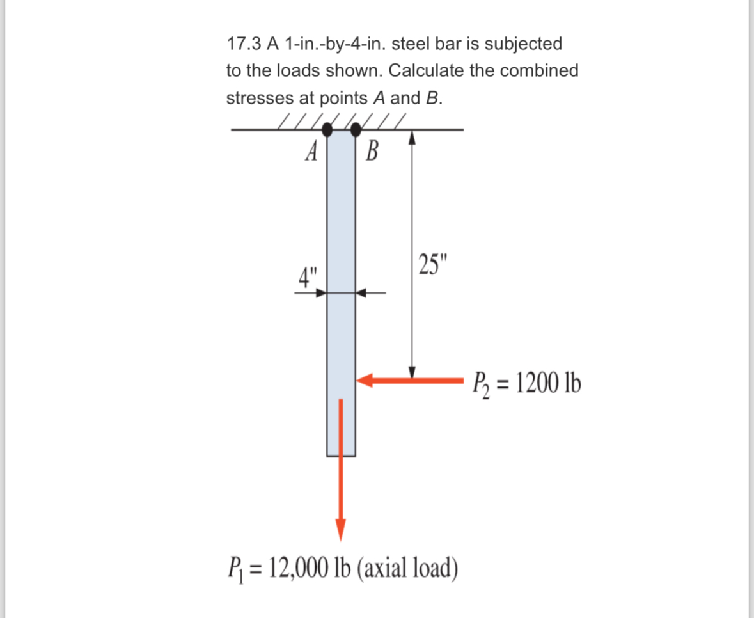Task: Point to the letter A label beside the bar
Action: [311, 152]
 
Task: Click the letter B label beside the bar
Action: [372, 153]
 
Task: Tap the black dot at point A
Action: [327, 131]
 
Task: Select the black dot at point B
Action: [356, 131]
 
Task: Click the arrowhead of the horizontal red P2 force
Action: [365, 381]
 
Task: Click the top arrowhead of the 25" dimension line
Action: [412, 137]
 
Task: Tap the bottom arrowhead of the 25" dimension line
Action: [412, 372]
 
